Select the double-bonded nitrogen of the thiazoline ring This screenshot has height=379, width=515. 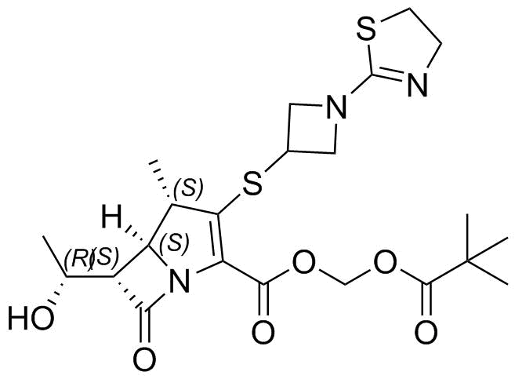point(418,84)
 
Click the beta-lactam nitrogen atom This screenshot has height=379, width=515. point(180,280)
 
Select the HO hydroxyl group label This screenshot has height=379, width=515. point(31,318)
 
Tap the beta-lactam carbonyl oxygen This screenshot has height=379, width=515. point(144,359)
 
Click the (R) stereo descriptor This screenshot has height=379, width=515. point(77,260)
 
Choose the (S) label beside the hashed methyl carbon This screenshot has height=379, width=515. point(189,188)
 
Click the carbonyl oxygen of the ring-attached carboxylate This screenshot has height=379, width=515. point(263,333)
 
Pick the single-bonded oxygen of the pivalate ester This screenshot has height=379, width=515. point(385,262)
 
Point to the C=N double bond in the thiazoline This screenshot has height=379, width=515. point(389,73)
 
